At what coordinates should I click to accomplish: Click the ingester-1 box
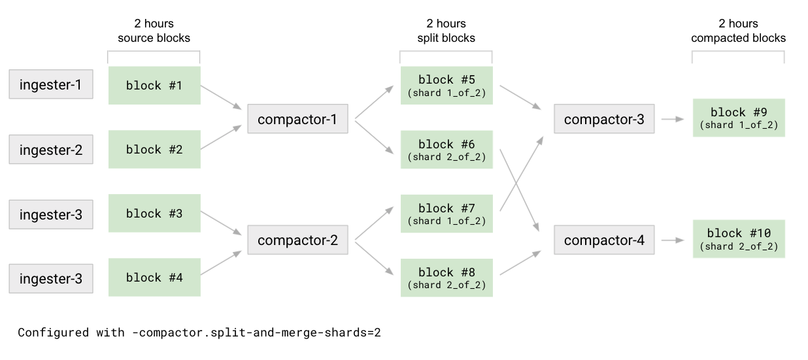[x=51, y=85]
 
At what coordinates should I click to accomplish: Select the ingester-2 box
[x=51, y=150]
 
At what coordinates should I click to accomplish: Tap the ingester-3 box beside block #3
[x=51, y=214]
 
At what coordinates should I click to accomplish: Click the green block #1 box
[x=154, y=86]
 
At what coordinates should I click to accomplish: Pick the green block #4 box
[x=154, y=278]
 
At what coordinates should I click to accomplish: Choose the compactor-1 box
[x=297, y=119]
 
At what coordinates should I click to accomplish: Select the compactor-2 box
[x=297, y=240]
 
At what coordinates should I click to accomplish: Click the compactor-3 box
[x=604, y=119]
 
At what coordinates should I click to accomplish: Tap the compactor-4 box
[x=604, y=240]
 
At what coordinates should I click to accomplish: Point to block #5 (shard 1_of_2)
[x=446, y=86]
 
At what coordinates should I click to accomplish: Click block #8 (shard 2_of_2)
[x=446, y=278]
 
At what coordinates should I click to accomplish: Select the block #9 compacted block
[x=739, y=118]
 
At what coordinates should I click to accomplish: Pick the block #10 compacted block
[x=739, y=239]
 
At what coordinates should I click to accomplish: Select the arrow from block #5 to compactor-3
[x=521, y=97]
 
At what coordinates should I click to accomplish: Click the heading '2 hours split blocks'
[x=446, y=31]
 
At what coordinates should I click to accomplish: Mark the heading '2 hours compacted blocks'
[x=738, y=31]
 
